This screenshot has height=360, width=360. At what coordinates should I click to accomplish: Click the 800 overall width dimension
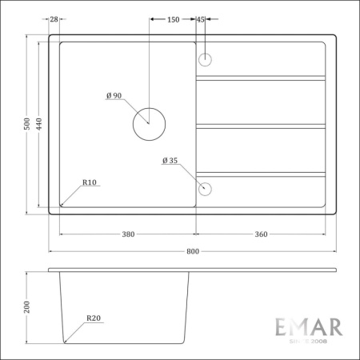click(x=192, y=250)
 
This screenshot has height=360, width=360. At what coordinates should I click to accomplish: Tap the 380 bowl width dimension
click(x=127, y=234)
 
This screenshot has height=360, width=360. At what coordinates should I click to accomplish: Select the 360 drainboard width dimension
click(x=262, y=234)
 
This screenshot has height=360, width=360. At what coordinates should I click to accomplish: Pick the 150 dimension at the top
click(x=173, y=18)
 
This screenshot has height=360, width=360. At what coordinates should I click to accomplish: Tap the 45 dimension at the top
click(x=200, y=18)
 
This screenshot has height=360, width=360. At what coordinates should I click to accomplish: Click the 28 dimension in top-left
click(x=54, y=18)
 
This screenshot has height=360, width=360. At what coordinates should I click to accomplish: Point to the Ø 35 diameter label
click(x=169, y=160)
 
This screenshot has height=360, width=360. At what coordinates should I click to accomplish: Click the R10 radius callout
click(x=90, y=182)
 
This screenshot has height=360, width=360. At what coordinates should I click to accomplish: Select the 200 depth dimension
click(x=26, y=307)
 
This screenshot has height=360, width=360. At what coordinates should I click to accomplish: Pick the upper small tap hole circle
click(x=205, y=58)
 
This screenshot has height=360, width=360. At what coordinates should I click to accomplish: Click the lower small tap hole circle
click(x=205, y=189)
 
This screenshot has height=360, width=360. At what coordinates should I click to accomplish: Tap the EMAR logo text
click(x=308, y=327)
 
